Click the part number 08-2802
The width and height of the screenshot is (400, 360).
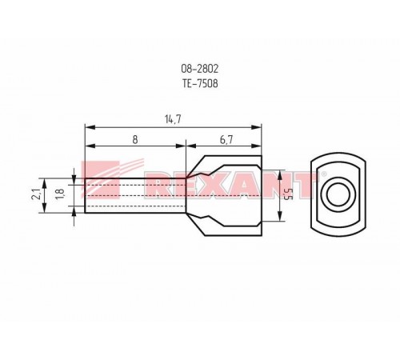[200, 69]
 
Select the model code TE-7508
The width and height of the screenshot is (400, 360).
[200, 83]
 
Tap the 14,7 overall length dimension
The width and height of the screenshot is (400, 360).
[173, 119]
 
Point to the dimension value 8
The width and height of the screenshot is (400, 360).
[135, 139]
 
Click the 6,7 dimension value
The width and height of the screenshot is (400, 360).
[226, 139]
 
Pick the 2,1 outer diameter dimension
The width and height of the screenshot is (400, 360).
[36, 194]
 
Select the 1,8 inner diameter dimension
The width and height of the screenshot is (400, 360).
[59, 194]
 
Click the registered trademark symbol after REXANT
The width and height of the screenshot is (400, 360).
[324, 174]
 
